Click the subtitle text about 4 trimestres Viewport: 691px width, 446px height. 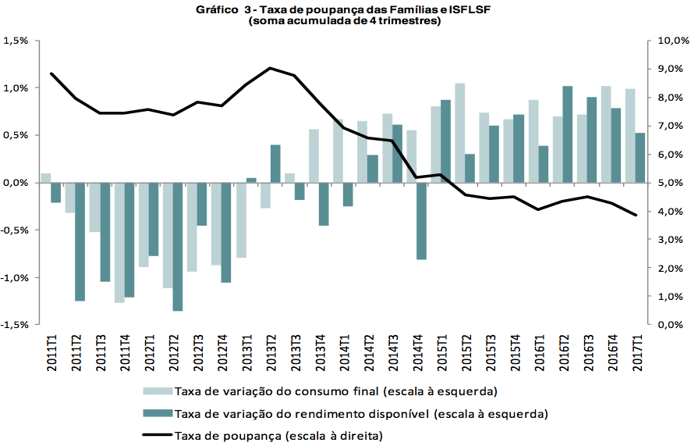coord(345,22)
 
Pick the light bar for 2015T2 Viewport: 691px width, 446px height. coord(460,133)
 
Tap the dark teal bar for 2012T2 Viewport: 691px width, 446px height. coord(178,247)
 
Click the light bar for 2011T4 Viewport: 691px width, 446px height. coord(119,242)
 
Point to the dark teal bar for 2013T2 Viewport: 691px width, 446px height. coord(275,164)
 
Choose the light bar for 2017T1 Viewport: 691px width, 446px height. coord(630,136)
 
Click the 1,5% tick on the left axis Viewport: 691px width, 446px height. coord(16,41)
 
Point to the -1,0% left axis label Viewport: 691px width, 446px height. coord(15,277)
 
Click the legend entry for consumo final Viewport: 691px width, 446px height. coord(335,391)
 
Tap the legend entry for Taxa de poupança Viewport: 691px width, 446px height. coord(280,434)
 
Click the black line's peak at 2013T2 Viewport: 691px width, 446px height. coord(270,68)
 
